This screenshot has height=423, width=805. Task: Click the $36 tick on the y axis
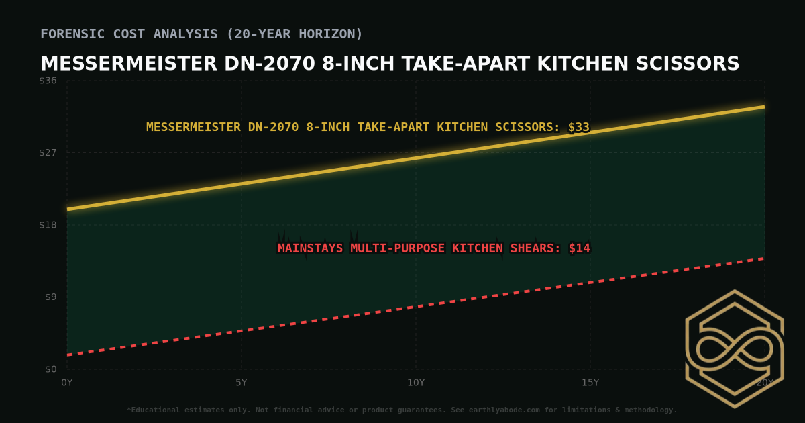(x=48, y=81)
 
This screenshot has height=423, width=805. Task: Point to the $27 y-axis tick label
(x=48, y=152)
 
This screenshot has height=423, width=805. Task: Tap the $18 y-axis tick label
(x=48, y=225)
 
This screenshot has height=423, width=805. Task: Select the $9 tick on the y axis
(x=51, y=297)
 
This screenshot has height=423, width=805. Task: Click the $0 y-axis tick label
(x=51, y=369)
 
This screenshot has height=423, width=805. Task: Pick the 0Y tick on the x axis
(x=66, y=383)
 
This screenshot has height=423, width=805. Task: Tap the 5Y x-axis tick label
(x=241, y=383)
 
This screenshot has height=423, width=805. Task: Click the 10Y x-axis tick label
(x=416, y=383)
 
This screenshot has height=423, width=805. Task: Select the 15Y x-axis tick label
(x=590, y=383)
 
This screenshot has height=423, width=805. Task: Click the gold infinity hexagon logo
(x=734, y=349)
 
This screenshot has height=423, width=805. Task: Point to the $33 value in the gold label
(x=578, y=127)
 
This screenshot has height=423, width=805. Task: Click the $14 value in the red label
(x=579, y=248)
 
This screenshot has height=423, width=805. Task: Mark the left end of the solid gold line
(x=68, y=209)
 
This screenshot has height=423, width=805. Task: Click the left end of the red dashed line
(x=68, y=355)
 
